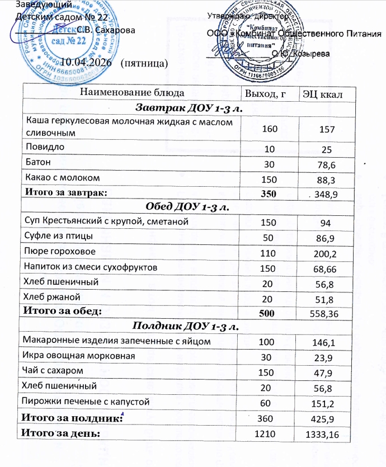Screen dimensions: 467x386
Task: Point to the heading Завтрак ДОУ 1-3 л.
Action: coord(184,107)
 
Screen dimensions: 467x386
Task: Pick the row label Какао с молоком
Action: coord(63,178)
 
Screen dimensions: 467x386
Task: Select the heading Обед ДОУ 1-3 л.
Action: coord(184,207)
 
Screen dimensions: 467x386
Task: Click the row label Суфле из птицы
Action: coord(55,237)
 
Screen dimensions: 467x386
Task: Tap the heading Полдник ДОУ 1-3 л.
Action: coord(184,327)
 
